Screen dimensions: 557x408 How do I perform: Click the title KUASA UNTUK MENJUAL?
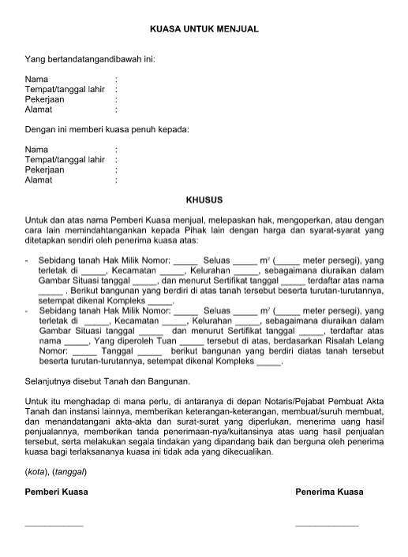point(204,28)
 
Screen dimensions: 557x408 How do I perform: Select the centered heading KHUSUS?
point(204,200)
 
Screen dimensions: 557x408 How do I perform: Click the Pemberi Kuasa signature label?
point(56,492)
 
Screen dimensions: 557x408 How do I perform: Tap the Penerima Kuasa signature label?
point(329,492)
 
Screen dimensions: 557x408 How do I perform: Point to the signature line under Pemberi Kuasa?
point(54,524)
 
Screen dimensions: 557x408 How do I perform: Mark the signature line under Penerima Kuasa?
point(327,524)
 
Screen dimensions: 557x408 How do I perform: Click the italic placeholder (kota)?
point(37,471)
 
